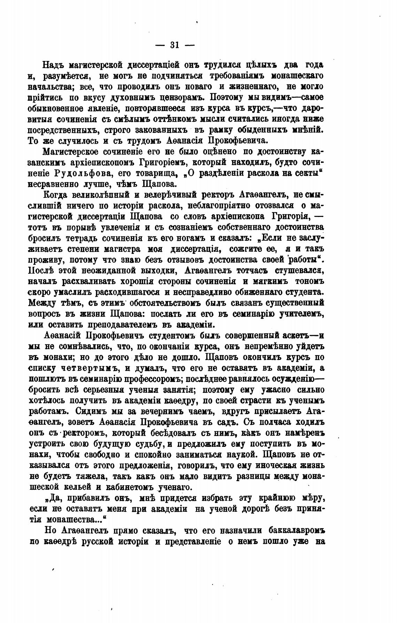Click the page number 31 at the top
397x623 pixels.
point(174,45)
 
